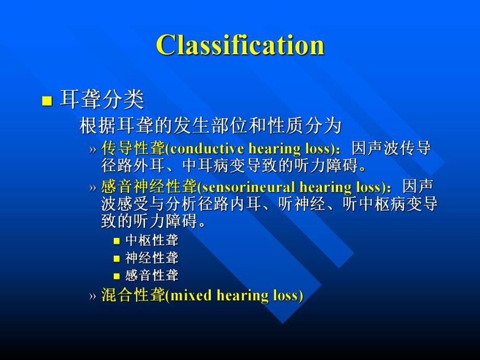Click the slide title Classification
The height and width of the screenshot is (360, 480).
[240, 45]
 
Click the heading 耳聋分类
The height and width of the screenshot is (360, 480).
[102, 99]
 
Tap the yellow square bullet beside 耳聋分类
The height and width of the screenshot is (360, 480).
[47, 101]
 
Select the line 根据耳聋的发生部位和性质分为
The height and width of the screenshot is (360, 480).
[210, 125]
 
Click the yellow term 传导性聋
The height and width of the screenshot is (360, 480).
[133, 149]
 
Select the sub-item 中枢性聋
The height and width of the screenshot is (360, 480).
[152, 241]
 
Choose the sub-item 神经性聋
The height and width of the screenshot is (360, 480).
[152, 258]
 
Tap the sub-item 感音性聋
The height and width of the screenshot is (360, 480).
[152, 275]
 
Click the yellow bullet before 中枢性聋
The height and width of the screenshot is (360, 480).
[117, 241]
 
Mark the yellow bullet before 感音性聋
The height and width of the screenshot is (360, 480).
[117, 276]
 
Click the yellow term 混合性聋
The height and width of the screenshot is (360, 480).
[133, 295]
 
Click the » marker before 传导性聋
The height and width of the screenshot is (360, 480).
[92, 149]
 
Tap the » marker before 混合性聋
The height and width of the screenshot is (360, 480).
[92, 296]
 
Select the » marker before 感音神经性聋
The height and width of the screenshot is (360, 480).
[92, 187]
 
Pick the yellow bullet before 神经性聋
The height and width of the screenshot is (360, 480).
[117, 258]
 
